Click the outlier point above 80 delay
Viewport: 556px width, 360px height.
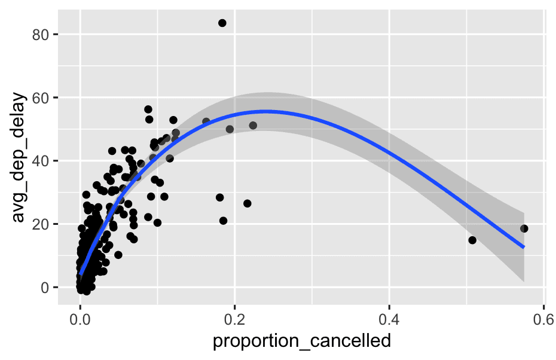(x=222, y=23)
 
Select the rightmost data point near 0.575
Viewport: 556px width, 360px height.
(x=524, y=228)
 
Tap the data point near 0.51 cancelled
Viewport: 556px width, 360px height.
(x=472, y=240)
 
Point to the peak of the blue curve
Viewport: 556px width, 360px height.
(x=266, y=111)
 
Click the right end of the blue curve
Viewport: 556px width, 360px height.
(x=524, y=247)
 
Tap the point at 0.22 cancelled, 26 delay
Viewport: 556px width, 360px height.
(x=247, y=203)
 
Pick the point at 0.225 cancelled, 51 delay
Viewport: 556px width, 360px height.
(x=253, y=126)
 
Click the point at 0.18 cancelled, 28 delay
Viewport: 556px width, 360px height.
(x=219, y=197)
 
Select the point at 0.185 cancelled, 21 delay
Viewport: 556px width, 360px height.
(x=223, y=221)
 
